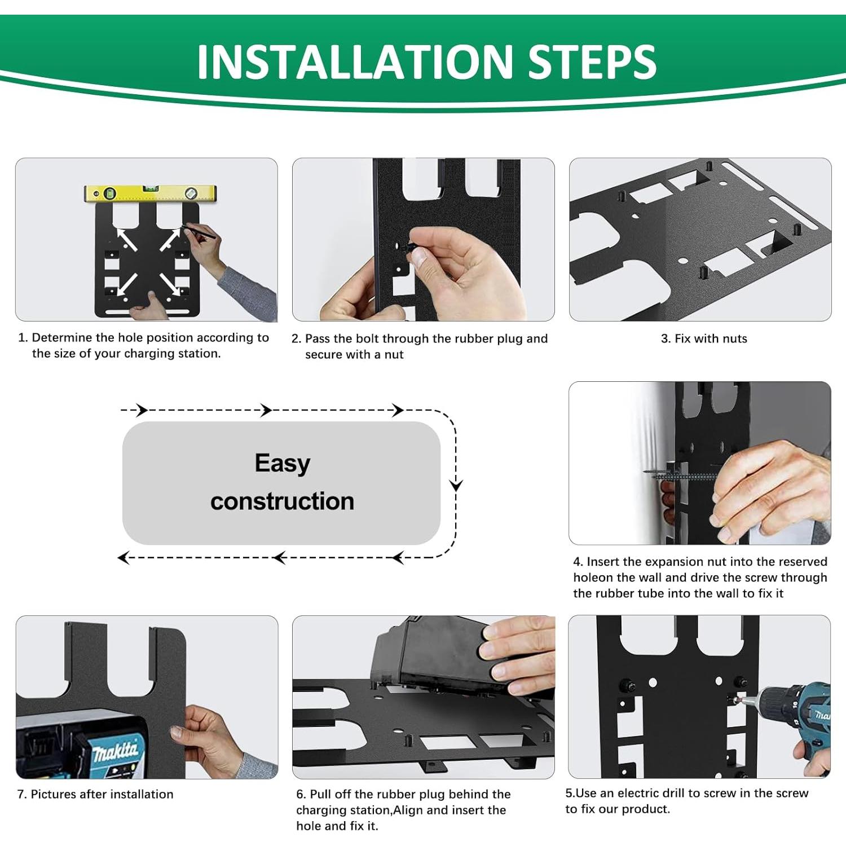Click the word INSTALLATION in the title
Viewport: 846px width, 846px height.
(354, 61)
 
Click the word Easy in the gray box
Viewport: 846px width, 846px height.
(282, 464)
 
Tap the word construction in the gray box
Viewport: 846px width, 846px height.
(282, 501)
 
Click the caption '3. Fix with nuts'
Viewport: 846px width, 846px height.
(703, 338)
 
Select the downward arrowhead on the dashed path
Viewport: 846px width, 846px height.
(456, 485)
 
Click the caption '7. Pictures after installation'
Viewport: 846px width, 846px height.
(95, 794)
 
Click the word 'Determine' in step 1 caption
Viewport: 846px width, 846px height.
(61, 337)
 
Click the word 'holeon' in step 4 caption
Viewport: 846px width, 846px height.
(593, 578)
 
